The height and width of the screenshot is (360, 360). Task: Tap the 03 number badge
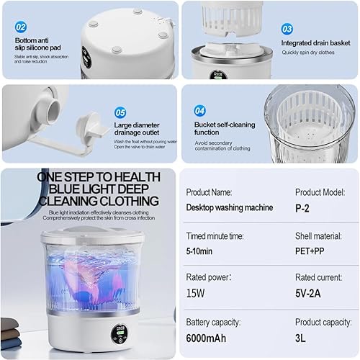tap(287, 30)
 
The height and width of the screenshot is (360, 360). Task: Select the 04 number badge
tap(201, 112)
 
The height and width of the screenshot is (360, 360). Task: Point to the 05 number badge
tap(120, 112)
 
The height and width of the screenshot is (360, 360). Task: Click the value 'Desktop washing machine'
tap(229, 207)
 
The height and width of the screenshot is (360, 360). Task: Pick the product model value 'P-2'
tap(303, 207)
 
